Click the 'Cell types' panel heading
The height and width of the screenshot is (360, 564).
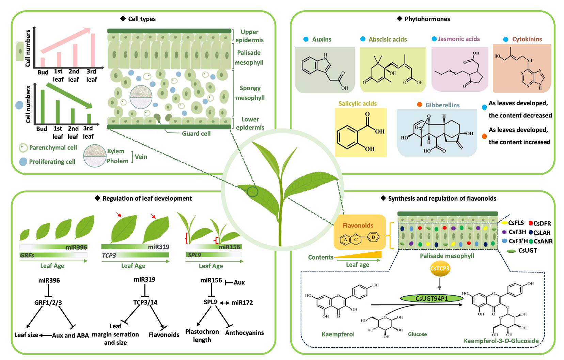(x=141, y=19)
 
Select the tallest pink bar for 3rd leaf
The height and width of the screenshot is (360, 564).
(x=93, y=50)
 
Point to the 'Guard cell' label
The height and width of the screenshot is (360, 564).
(x=196, y=134)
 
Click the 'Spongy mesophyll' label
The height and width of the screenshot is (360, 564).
(x=250, y=93)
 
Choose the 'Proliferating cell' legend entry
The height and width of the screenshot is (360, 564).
(x=52, y=162)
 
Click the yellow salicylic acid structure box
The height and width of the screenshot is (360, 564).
(x=361, y=132)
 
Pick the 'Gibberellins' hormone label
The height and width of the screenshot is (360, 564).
(x=442, y=105)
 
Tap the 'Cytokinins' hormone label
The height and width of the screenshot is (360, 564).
(x=527, y=39)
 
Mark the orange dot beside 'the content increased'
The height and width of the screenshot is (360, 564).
(x=484, y=136)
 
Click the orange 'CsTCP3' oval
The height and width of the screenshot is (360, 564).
(x=440, y=268)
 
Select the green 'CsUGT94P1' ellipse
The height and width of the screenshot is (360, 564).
(x=432, y=298)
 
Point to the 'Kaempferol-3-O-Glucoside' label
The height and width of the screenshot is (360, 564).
(x=501, y=341)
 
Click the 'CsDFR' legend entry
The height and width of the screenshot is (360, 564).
(x=542, y=223)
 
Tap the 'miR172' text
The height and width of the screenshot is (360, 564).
(x=242, y=302)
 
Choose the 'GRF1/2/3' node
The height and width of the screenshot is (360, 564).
(x=48, y=302)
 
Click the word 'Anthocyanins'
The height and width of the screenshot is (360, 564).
(x=244, y=333)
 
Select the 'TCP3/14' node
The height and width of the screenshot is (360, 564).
(x=145, y=302)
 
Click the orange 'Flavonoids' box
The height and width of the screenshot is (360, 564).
(x=360, y=232)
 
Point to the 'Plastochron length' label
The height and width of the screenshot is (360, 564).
(x=202, y=335)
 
